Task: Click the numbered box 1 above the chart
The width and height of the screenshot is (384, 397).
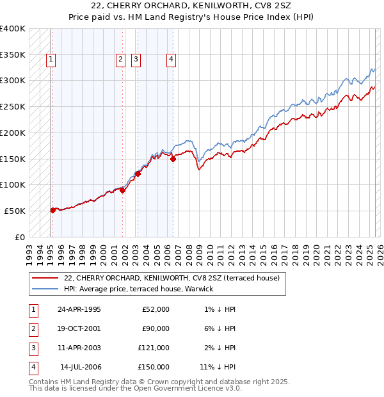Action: click(x=51, y=60)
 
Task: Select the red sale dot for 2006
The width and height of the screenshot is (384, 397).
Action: click(x=173, y=159)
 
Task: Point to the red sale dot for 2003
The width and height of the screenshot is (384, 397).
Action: click(x=138, y=174)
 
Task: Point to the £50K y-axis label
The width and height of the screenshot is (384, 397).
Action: click(x=15, y=211)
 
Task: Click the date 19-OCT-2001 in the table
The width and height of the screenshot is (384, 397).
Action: click(x=79, y=328)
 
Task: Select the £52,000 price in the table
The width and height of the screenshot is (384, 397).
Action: click(x=156, y=309)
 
